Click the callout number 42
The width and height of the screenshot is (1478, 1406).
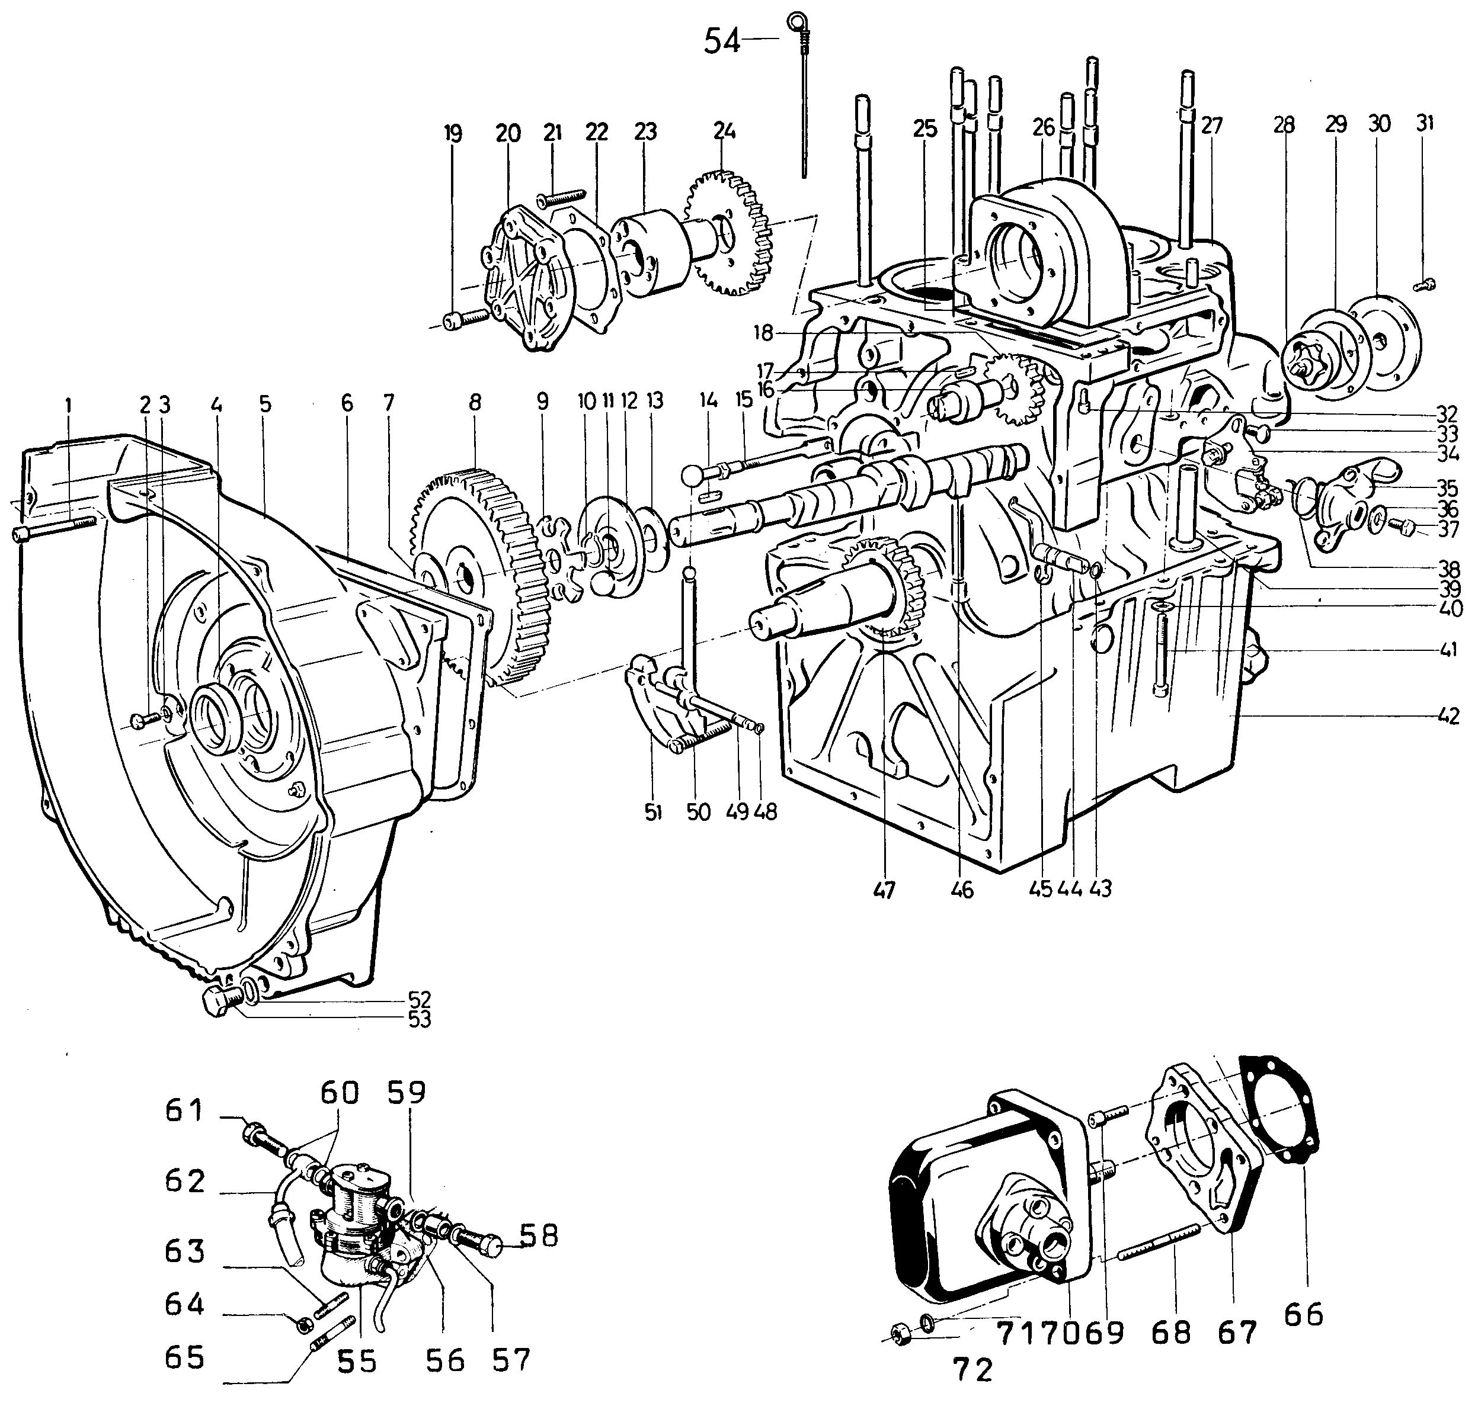(x=1450, y=716)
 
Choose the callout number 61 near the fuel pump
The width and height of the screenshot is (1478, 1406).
(x=184, y=1109)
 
